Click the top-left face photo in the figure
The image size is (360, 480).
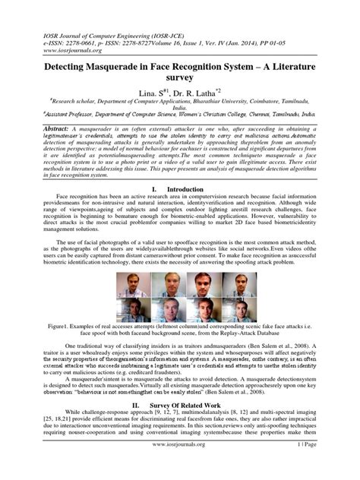(130, 283)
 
